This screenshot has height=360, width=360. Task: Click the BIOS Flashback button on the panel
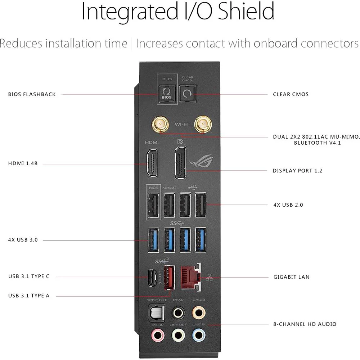[x=167, y=94]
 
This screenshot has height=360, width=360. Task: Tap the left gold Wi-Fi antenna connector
[x=160, y=124]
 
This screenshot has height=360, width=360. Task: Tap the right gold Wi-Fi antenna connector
[x=203, y=124]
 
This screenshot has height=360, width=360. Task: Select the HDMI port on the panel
[x=152, y=163]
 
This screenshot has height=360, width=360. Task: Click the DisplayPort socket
[x=180, y=163]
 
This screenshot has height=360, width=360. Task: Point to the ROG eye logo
[x=201, y=161]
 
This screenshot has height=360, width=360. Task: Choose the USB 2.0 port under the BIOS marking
[x=153, y=205]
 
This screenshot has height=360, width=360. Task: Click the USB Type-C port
[x=152, y=277]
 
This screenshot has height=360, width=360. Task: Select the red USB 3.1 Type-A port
[x=169, y=277]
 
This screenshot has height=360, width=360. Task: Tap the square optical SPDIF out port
[x=157, y=312]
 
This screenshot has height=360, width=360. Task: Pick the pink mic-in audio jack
[x=158, y=335]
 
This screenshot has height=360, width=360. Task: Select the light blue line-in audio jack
[x=199, y=335]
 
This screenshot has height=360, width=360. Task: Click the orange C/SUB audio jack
[x=199, y=312]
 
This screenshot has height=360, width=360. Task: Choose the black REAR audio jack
[x=178, y=312]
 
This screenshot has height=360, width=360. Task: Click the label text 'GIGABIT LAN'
[x=291, y=277]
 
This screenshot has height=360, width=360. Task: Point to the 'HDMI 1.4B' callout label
[x=23, y=163]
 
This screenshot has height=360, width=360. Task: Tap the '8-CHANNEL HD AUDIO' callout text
[x=305, y=324]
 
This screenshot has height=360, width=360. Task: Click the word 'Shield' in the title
[x=246, y=11]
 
